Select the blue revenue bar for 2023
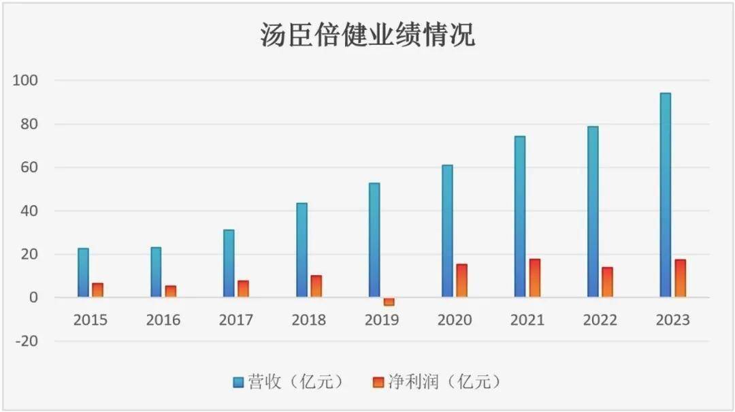pyautogui.click(x=665, y=195)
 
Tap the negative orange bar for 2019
pyautogui.click(x=389, y=302)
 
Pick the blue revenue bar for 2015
pyautogui.click(x=83, y=273)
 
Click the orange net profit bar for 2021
pyautogui.click(x=534, y=278)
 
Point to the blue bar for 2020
pyautogui.click(x=447, y=231)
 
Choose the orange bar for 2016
pyautogui.click(x=171, y=291)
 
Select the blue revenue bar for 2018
pyautogui.click(x=301, y=250)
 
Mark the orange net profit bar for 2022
pyautogui.click(x=607, y=282)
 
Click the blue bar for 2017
pyautogui.click(x=229, y=264)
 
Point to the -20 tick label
pyautogui.click(x=27, y=341)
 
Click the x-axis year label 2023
pyautogui.click(x=672, y=320)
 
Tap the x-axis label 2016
pyautogui.click(x=163, y=320)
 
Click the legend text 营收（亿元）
pyautogui.click(x=295, y=382)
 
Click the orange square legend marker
pyautogui.click(x=379, y=383)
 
